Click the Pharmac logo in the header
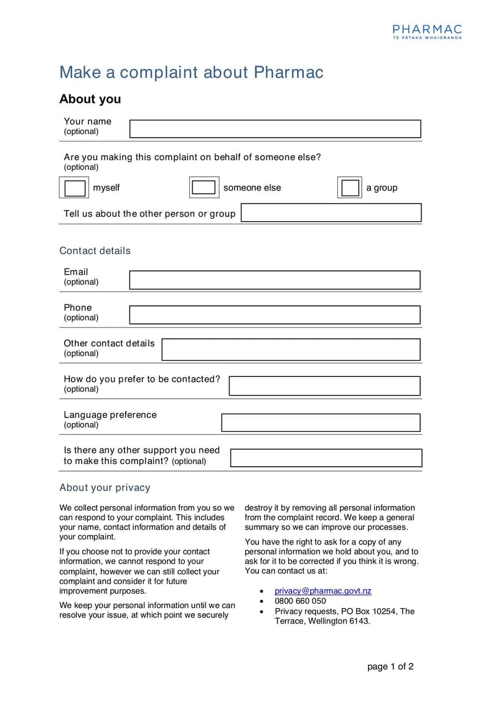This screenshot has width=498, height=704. (427, 31)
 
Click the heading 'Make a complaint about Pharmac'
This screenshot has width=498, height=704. (191, 72)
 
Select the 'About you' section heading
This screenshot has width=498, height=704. (90, 99)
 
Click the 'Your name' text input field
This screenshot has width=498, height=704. (275, 129)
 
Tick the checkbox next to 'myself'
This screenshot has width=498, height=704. (75, 188)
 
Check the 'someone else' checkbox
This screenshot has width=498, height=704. (203, 188)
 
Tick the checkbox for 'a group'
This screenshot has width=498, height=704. (350, 188)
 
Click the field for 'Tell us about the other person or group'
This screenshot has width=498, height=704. (331, 213)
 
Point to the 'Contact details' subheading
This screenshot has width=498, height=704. (95, 250)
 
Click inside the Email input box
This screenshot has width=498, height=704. (275, 280)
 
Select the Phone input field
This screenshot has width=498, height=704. (275, 315)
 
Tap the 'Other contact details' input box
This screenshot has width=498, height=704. (291, 350)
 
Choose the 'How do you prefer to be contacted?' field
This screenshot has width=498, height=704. (324, 386)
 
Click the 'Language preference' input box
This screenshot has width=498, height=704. (321, 422)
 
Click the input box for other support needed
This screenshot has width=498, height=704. (326, 458)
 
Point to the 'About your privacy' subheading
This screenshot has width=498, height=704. (105, 487)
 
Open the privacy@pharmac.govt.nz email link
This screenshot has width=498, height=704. (322, 591)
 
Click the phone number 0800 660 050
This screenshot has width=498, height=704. (300, 601)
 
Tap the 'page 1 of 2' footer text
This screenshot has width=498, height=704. (390, 667)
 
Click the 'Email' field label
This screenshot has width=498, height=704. (76, 272)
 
